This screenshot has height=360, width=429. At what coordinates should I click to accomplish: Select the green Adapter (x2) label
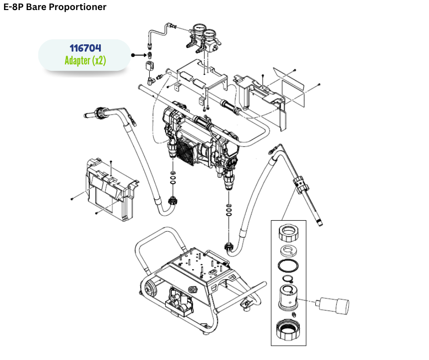click(85, 61)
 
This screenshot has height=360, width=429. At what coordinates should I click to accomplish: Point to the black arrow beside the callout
click(137, 55)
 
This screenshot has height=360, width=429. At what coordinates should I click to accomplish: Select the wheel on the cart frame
click(149, 287)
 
